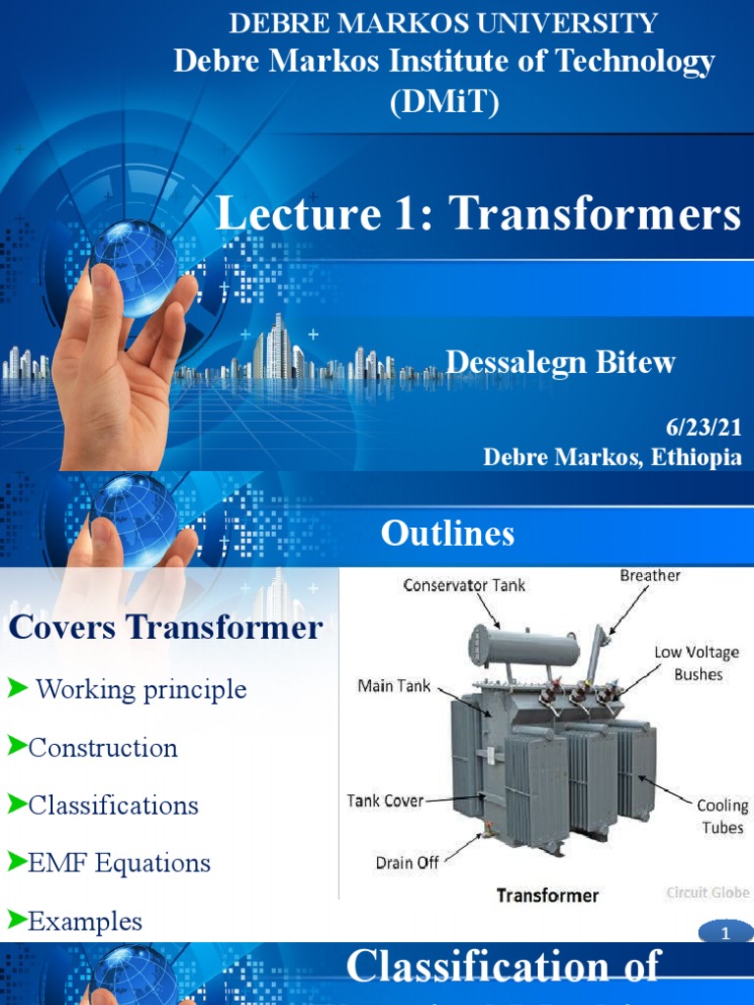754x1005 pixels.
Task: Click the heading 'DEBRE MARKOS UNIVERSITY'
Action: coord(443,24)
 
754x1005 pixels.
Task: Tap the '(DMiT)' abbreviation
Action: coord(444,101)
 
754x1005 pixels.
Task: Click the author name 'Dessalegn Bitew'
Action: coord(561,362)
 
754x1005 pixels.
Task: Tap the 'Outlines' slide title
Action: coord(447,533)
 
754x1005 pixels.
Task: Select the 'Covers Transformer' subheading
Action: coord(165,627)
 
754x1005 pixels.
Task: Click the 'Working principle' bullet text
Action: coord(140,689)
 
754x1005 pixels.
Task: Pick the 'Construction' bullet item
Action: coord(103,748)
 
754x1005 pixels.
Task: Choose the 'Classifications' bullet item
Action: coord(113,806)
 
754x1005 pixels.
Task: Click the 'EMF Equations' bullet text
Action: coord(119,864)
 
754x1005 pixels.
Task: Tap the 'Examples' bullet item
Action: coord(85,922)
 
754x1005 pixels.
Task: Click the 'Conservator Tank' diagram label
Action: coord(463,585)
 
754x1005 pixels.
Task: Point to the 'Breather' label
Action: coord(650,575)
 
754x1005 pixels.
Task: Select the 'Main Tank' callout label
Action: coord(393,686)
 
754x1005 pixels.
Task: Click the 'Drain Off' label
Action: coord(408,863)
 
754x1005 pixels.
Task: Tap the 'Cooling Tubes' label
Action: coord(722,817)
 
